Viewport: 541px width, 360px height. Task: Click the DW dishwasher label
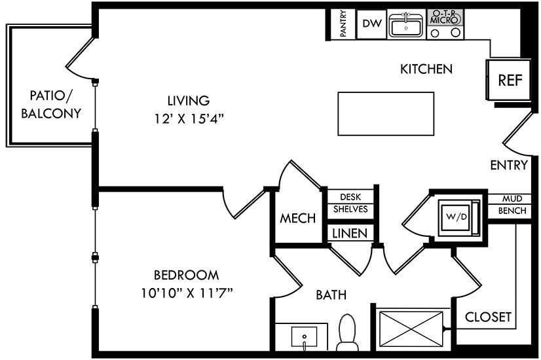tap(372, 24)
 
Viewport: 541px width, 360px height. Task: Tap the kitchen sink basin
tap(406, 26)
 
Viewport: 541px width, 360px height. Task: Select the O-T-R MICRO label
tap(445, 17)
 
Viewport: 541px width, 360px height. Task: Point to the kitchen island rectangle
tap(386, 113)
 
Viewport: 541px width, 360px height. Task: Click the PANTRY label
tap(343, 24)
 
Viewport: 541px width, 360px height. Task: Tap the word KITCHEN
tap(426, 69)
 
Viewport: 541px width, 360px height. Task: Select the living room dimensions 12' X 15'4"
tap(189, 119)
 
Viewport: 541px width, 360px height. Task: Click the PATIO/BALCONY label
tap(51, 105)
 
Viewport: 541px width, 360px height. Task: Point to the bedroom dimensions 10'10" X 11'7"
tap(187, 293)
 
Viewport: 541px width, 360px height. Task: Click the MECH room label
tap(297, 218)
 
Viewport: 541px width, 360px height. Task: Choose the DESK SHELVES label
tap(350, 203)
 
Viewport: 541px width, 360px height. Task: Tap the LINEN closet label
tap(350, 234)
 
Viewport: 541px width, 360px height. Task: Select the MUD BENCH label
tap(512, 204)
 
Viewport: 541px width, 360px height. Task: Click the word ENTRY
tap(509, 165)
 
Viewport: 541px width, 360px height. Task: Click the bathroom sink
tap(304, 338)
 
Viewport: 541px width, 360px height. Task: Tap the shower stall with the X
tap(411, 329)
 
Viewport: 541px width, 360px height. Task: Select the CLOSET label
tap(488, 317)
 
